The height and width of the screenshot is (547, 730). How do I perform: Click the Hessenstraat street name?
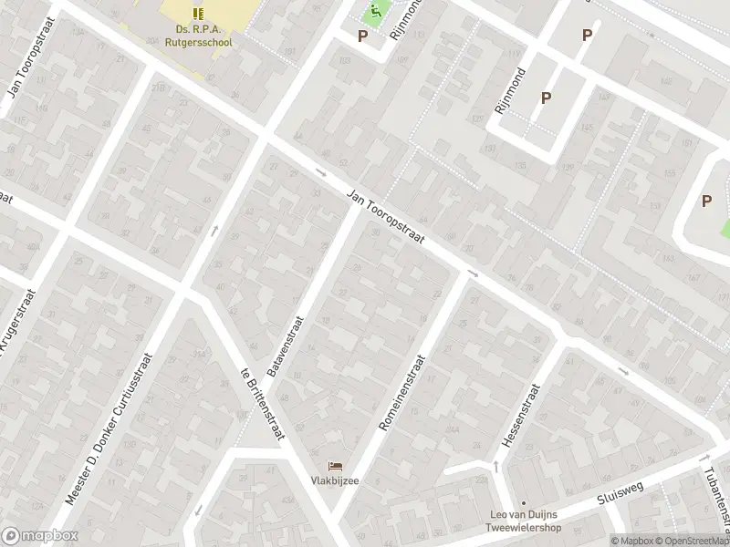pos(521,416)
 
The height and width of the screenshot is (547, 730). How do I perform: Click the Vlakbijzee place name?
pos(332,481)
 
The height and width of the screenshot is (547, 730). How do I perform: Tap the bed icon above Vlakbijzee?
pos(334,466)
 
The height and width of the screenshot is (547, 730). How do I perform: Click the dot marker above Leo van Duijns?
pos(524,503)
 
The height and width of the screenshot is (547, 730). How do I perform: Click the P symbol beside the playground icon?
pos(362,36)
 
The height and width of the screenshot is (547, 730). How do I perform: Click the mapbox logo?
pos(39,536)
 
